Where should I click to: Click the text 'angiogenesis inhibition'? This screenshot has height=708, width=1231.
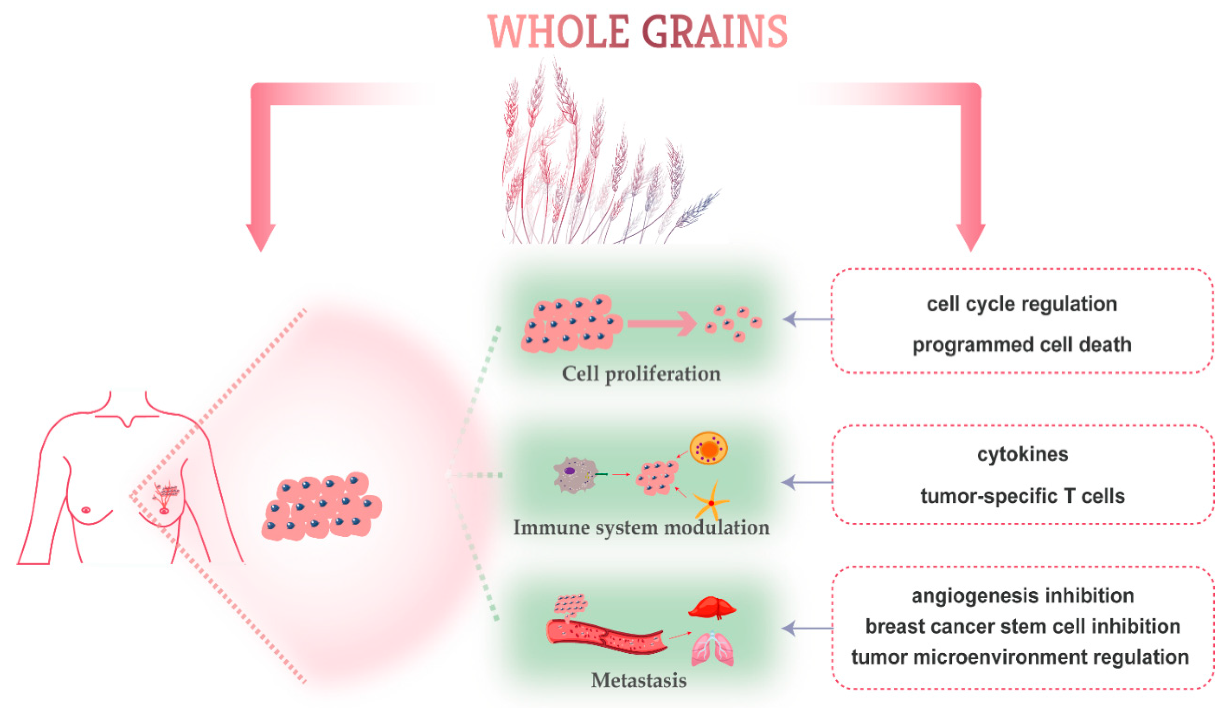(1022, 596)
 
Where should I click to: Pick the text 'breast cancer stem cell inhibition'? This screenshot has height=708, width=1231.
(1022, 627)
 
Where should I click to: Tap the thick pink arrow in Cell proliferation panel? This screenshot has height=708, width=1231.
(662, 323)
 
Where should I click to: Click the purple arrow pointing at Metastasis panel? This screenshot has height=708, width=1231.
(807, 628)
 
